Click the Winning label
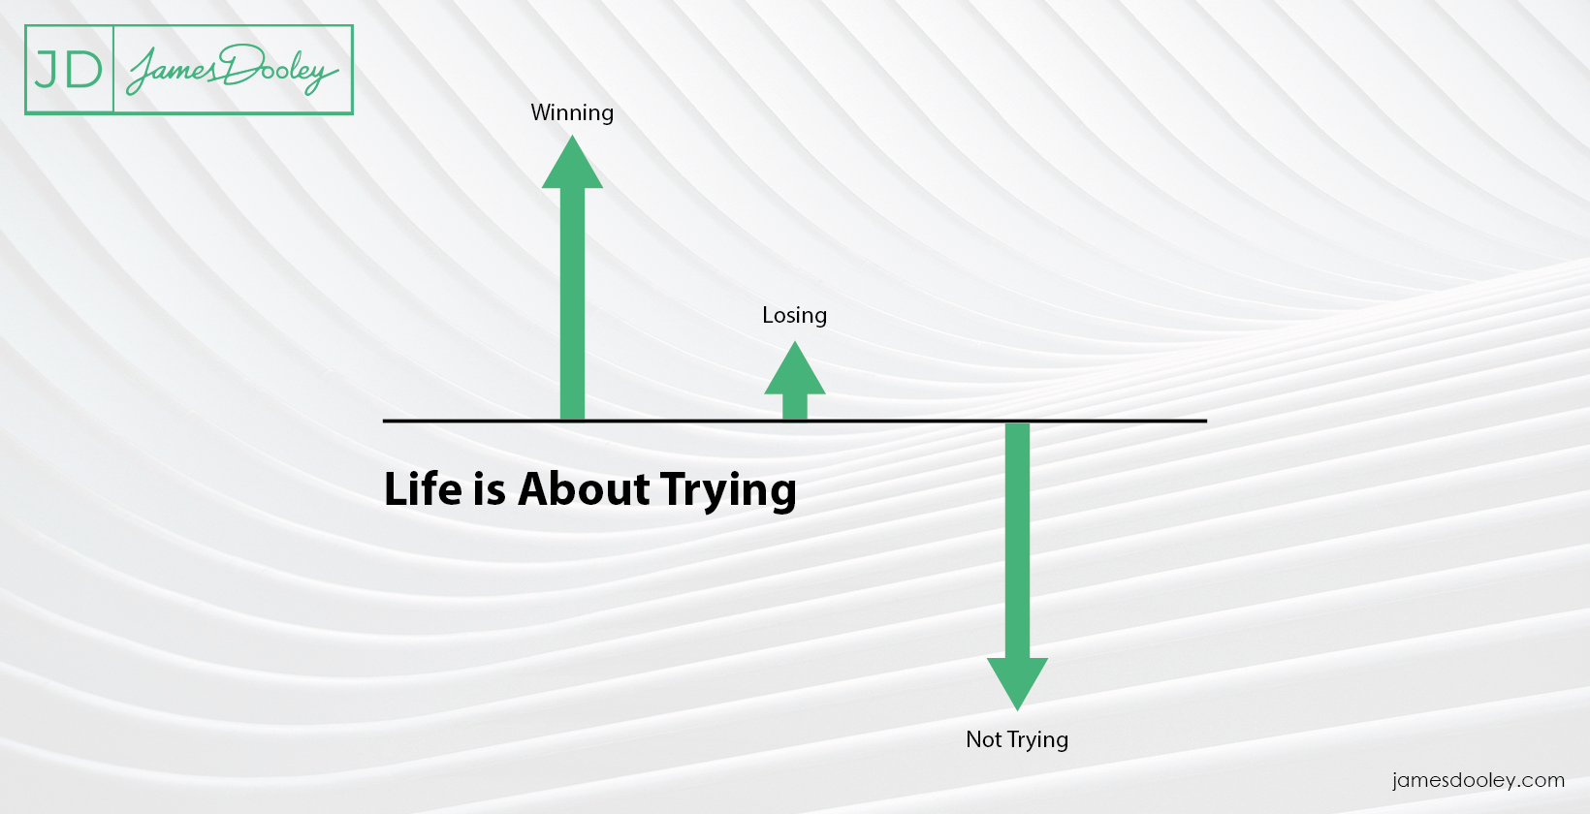(572, 113)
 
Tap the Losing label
(794, 316)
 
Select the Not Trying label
(1017, 740)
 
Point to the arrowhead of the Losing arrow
(795, 371)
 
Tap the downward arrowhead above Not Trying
(1017, 680)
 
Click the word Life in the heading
(423, 488)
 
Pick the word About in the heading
(584, 488)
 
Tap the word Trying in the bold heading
(728, 490)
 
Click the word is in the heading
(490, 488)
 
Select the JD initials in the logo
(69, 70)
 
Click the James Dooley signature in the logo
(233, 70)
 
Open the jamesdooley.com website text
(1478, 780)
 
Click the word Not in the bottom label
(983, 739)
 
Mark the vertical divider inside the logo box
(113, 70)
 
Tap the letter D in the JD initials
(84, 70)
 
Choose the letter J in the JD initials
(48, 70)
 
